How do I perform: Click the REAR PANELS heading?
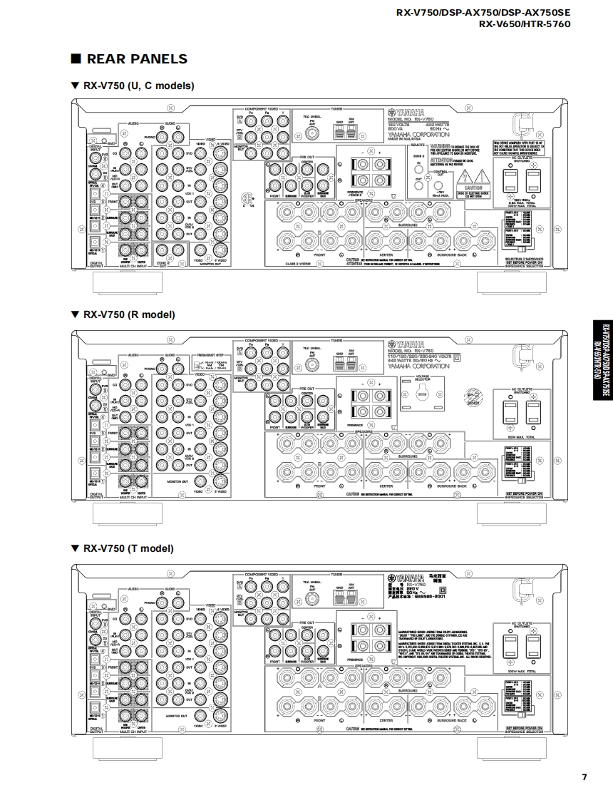[136, 59]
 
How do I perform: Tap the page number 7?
[584, 776]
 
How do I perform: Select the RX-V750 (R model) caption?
[128, 314]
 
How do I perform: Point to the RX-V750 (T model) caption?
[128, 548]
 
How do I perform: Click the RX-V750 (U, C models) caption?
[138, 86]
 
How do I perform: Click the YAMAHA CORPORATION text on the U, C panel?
[419, 134]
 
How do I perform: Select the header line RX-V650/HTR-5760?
[524, 24]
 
